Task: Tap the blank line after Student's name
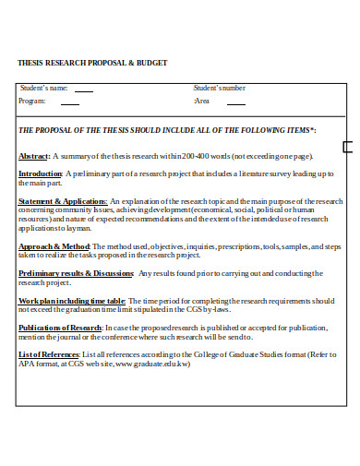coord(83,90)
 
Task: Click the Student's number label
coord(220,88)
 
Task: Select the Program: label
coord(32,102)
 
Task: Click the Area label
coord(202,102)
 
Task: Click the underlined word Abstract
coord(34,157)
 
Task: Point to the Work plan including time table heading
coord(72,301)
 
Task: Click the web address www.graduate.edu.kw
coord(159,364)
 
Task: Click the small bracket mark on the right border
coord(347,147)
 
